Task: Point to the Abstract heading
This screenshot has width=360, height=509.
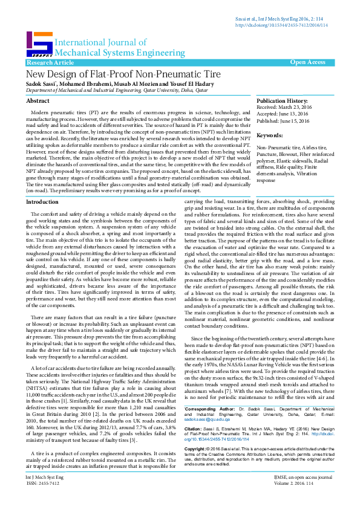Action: coord(38,101)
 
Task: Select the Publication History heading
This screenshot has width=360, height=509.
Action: coord(282,101)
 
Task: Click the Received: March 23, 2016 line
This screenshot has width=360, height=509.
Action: coord(283,108)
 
